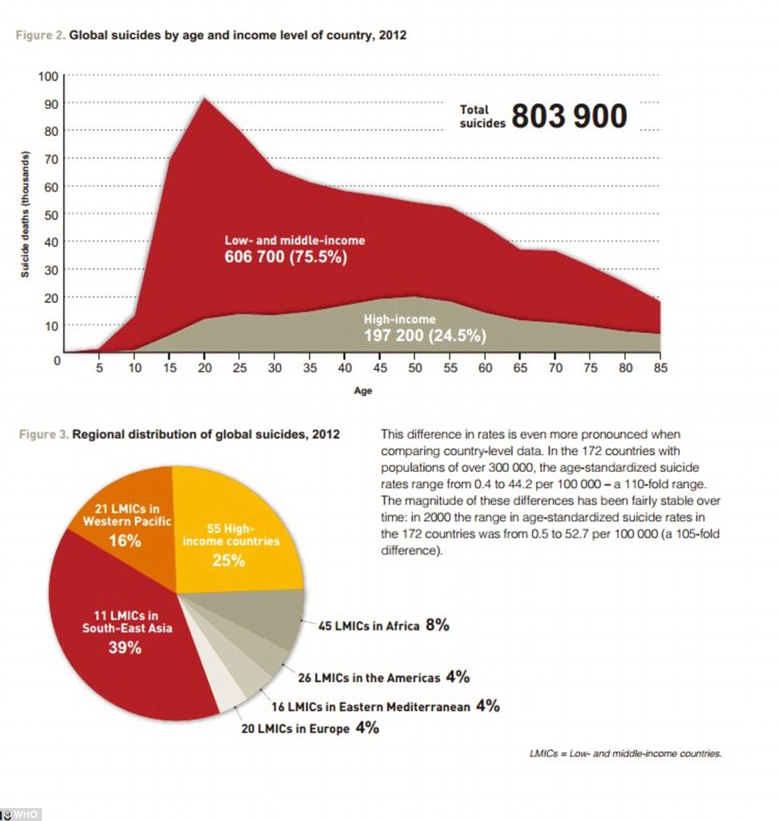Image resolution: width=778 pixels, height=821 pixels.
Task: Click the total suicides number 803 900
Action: tap(569, 116)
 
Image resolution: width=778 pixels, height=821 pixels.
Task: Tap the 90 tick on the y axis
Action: tap(51, 103)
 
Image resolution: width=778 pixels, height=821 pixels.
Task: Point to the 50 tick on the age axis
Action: tap(415, 368)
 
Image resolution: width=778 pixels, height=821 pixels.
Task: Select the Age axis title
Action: tap(362, 390)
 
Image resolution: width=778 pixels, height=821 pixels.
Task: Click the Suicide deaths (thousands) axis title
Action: tap(24, 214)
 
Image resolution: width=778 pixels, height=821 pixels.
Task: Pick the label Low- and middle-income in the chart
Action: tap(295, 240)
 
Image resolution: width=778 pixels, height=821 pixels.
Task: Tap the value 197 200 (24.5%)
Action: tap(425, 335)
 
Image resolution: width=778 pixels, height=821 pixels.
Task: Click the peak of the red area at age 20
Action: tap(205, 98)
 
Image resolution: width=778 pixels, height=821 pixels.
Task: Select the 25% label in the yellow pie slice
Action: tap(228, 561)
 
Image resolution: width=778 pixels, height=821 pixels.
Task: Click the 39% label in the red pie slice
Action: tap(125, 648)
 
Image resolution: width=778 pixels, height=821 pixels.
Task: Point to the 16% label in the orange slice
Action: tap(125, 541)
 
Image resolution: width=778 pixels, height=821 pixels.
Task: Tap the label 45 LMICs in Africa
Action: tap(369, 625)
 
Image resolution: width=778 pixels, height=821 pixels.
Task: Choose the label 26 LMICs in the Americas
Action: tap(369, 677)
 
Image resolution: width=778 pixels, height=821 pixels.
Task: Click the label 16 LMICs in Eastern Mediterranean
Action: tap(370, 707)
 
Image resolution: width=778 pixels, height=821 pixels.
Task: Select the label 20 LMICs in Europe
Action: tap(295, 729)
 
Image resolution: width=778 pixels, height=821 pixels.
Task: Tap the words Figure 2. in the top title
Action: tap(40, 35)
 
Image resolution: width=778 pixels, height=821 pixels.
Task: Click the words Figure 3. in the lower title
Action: tap(44, 434)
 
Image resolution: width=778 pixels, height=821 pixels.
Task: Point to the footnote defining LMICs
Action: tap(625, 753)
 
